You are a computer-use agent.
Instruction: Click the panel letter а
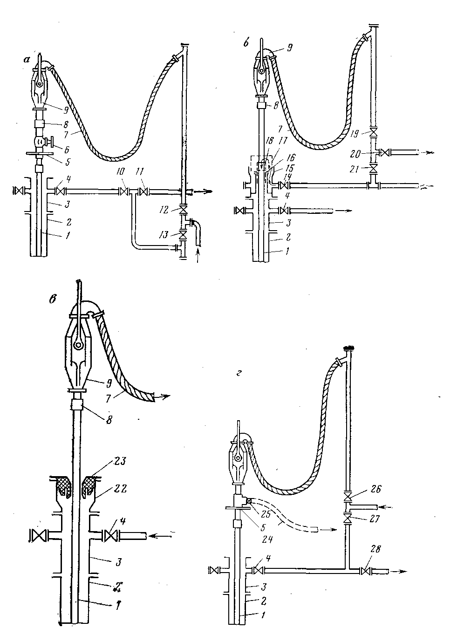coord(27,59)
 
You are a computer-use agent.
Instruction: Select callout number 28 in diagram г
coord(375,550)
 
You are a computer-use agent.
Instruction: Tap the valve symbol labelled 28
coord(366,570)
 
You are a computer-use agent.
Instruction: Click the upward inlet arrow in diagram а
coord(199,255)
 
